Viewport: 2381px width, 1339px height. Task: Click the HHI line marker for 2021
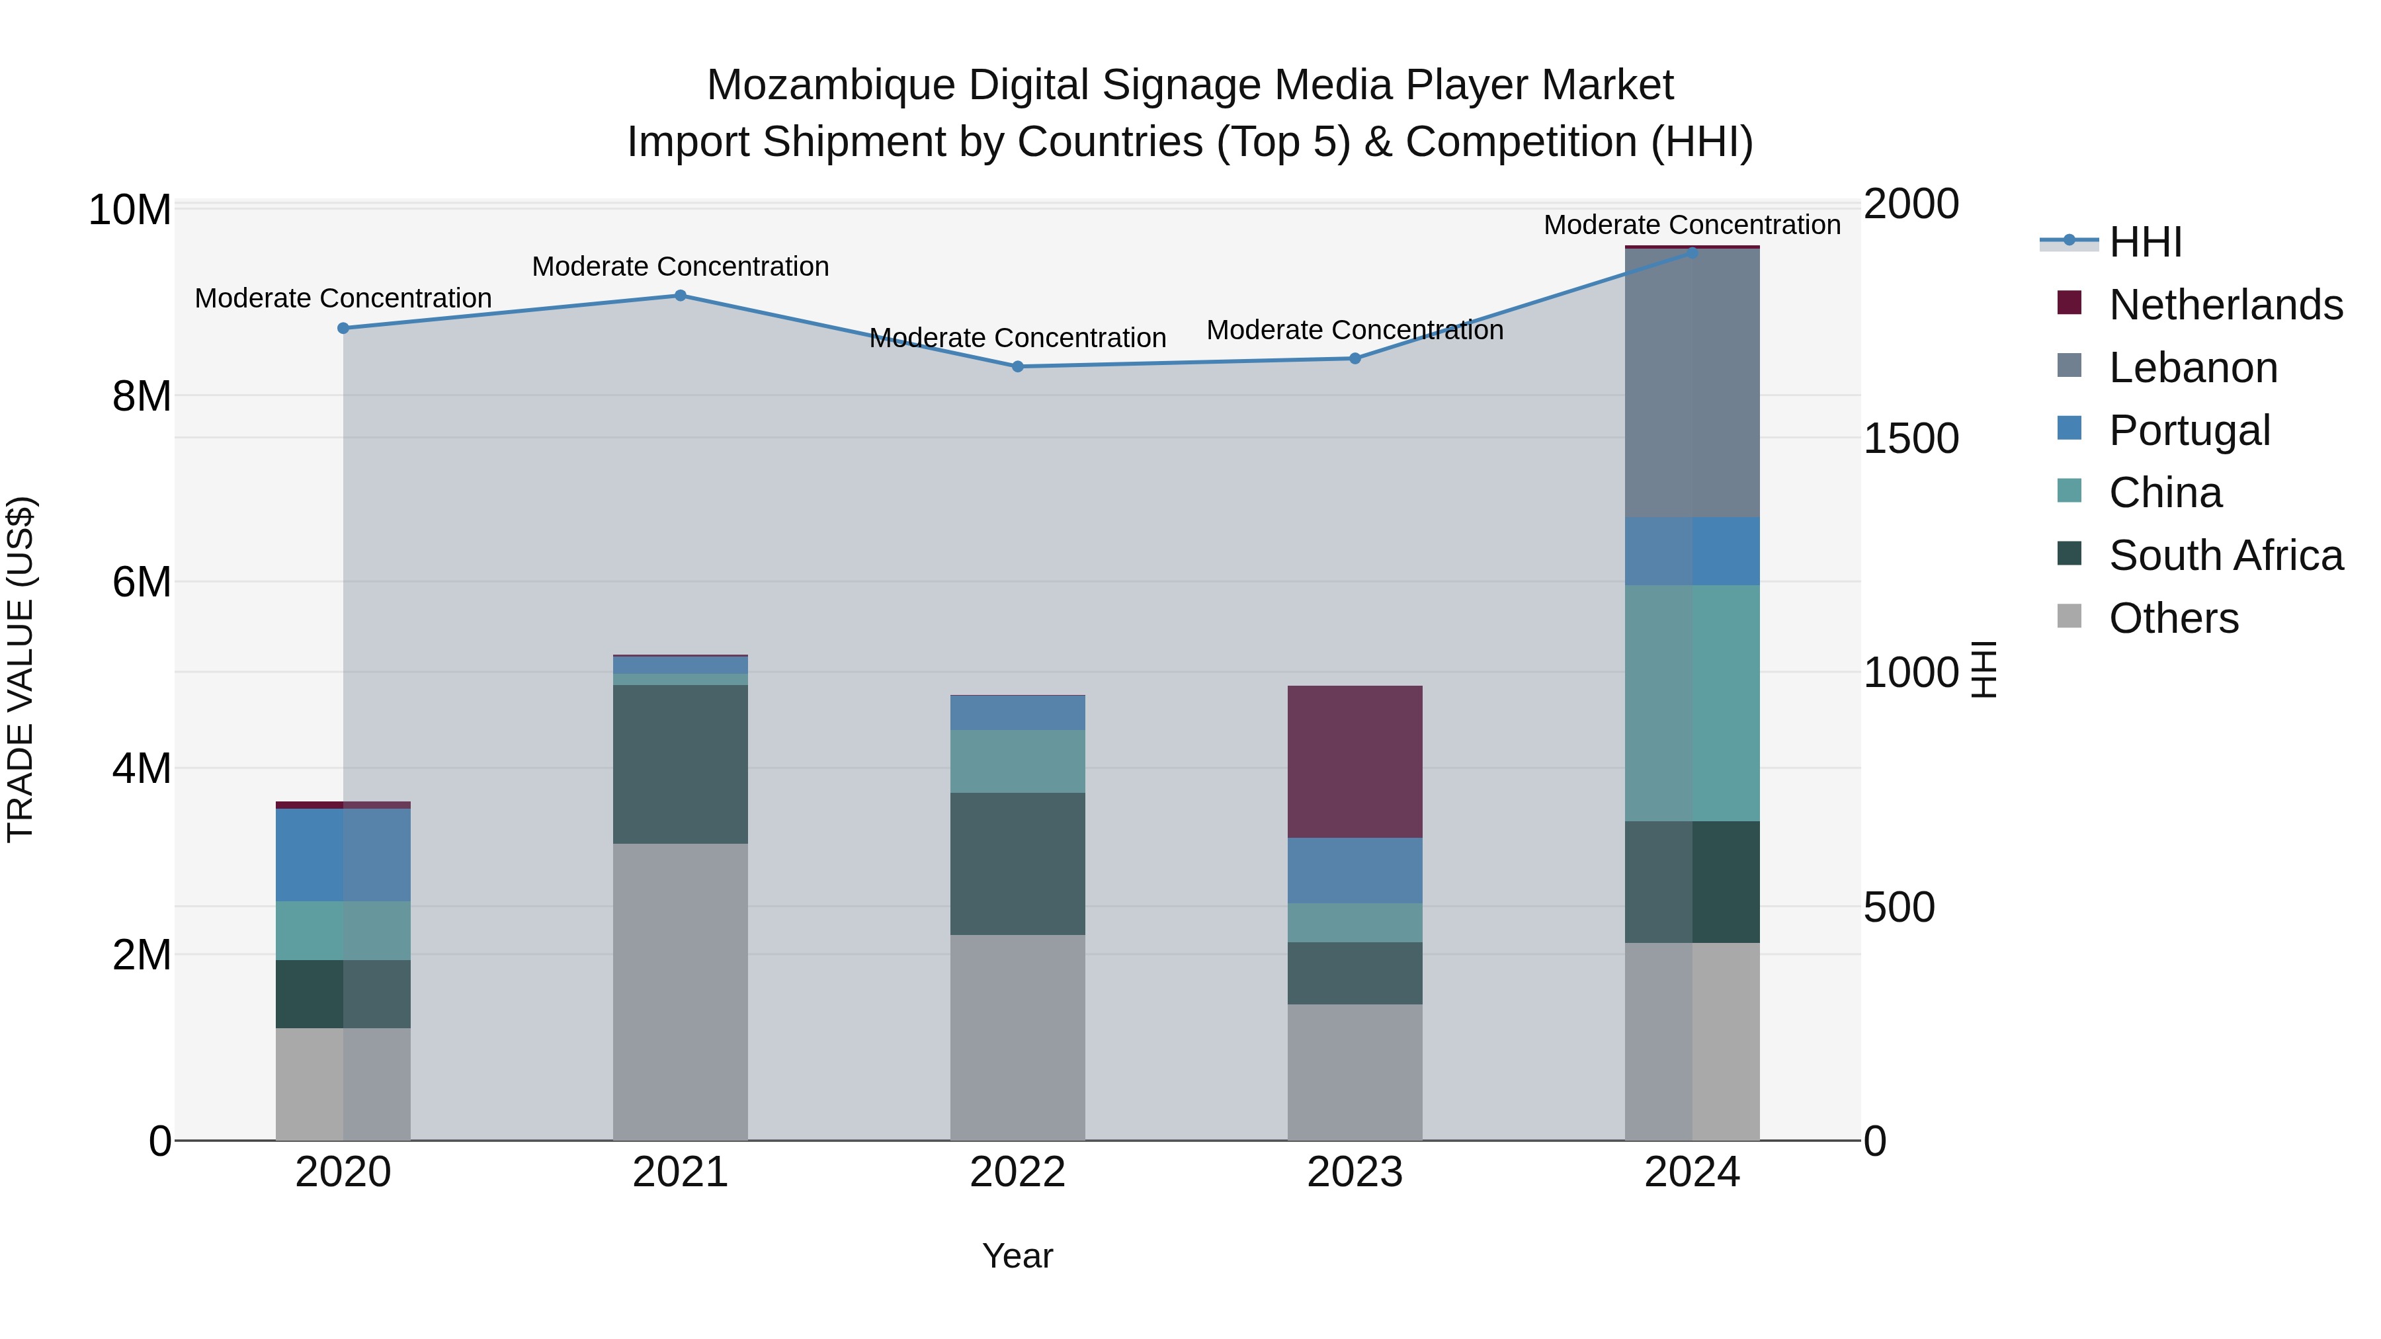(x=681, y=296)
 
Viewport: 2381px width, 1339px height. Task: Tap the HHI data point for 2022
(x=1018, y=367)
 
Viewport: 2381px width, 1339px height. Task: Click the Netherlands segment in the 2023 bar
(x=1355, y=762)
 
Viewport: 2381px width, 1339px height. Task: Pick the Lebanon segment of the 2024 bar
(x=1692, y=383)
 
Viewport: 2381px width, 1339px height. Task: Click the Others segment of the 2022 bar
(x=1018, y=1037)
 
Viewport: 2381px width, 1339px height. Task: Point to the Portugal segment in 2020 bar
(x=343, y=855)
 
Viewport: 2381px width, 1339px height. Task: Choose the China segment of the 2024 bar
(x=1692, y=702)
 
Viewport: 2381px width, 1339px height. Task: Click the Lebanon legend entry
(x=2193, y=368)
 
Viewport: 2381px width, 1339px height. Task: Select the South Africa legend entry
(x=2225, y=555)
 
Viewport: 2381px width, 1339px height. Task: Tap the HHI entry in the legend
(x=2144, y=242)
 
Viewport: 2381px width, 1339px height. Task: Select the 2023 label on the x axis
(x=1355, y=1172)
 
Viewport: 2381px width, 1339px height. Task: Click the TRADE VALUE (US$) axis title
(x=21, y=669)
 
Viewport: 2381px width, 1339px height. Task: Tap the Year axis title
(x=1018, y=1256)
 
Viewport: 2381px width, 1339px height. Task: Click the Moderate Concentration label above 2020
(x=343, y=298)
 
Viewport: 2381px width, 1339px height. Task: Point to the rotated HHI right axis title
(x=1984, y=669)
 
